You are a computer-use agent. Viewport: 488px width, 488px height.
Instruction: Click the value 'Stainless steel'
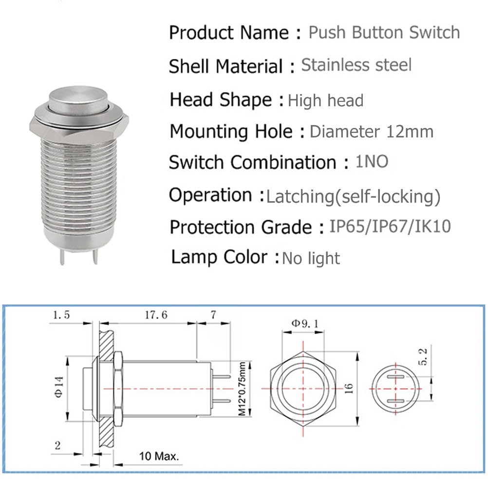357,65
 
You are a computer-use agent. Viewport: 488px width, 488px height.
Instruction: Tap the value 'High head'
326,101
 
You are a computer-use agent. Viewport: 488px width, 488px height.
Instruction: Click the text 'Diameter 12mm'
371,131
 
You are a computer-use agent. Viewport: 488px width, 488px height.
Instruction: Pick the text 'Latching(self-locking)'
353,197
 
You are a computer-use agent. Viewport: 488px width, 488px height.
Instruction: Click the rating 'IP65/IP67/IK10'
390,227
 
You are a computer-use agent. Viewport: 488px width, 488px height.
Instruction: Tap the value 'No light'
311,258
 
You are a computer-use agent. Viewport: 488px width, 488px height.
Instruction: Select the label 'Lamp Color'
220,257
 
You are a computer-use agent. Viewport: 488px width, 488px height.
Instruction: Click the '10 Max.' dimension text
158,457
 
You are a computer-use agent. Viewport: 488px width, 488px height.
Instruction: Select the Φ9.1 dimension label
303,323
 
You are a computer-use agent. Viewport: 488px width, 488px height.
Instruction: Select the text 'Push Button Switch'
384,33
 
